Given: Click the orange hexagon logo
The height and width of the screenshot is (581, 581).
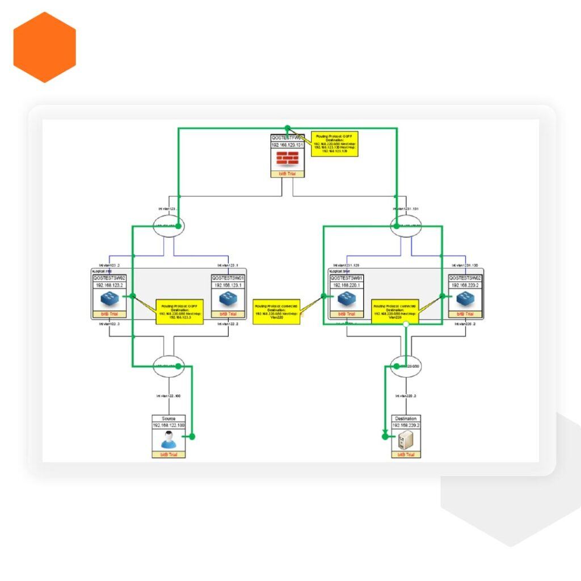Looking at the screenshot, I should pyautogui.click(x=44, y=47).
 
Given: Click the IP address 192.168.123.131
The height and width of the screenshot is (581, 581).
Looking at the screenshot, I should pyautogui.click(x=288, y=145).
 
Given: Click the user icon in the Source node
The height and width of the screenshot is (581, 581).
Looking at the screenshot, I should pyautogui.click(x=169, y=440).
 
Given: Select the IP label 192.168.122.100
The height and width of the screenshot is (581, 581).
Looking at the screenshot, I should pyautogui.click(x=169, y=425).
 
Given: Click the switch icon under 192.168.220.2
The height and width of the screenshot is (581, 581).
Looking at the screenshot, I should pyautogui.click(x=466, y=300).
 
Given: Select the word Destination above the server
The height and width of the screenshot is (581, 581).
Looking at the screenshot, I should pyautogui.click(x=406, y=418).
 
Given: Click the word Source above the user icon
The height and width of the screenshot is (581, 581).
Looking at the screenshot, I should pyautogui.click(x=169, y=418).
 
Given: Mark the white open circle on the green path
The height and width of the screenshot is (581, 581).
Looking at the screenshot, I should pyautogui.click(x=406, y=324).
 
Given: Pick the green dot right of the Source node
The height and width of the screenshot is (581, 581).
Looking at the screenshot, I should pyautogui.click(x=192, y=436).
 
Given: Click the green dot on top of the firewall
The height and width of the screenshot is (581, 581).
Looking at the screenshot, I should pyautogui.click(x=288, y=128).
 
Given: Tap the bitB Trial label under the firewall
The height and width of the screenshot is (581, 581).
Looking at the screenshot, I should pyautogui.click(x=288, y=174).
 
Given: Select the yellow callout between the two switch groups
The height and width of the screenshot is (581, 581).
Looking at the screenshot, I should pyautogui.click(x=277, y=311).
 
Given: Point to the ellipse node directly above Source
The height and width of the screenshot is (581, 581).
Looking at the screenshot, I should pyautogui.click(x=169, y=366).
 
